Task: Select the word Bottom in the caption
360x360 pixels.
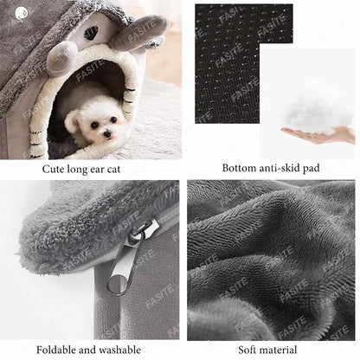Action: pos(241,168)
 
